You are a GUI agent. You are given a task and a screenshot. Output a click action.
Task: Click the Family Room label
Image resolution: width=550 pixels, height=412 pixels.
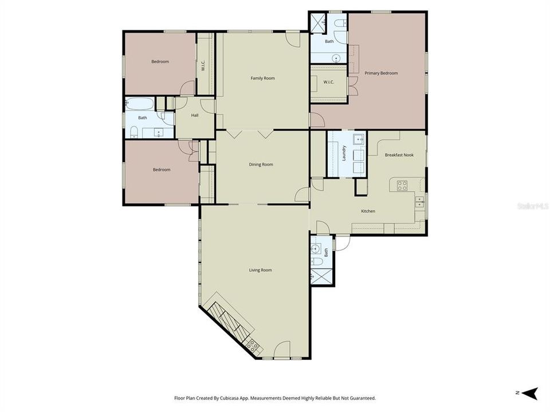(262, 78)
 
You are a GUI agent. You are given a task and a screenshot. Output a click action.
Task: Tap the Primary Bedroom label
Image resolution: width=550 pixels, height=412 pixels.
(381, 73)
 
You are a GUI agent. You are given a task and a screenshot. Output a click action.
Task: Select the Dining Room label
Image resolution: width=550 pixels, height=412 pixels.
(261, 164)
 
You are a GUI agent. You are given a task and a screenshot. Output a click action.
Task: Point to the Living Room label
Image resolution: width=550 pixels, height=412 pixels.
(260, 270)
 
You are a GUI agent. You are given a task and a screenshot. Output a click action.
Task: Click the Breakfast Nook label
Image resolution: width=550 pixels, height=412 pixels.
(399, 155)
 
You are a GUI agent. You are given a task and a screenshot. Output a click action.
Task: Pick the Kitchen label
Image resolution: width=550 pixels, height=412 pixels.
(368, 211)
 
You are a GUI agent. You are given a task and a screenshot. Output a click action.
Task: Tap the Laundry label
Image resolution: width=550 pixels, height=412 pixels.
(344, 153)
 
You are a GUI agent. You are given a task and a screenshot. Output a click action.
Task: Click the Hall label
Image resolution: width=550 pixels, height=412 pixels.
(195, 115)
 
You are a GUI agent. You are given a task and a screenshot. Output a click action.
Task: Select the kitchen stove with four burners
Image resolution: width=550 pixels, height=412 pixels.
(402, 185)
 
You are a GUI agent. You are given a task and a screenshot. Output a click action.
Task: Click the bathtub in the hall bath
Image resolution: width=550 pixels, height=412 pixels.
(140, 104)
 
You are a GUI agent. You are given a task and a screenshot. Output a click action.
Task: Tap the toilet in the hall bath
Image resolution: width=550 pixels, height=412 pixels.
(133, 132)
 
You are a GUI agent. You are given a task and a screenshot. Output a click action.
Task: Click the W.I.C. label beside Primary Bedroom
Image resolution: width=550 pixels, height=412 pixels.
(328, 82)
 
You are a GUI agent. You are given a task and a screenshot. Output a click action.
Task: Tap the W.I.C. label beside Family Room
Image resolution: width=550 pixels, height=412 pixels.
(203, 66)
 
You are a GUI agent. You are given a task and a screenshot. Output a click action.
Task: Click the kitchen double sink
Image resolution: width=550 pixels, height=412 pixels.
(419, 201)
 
